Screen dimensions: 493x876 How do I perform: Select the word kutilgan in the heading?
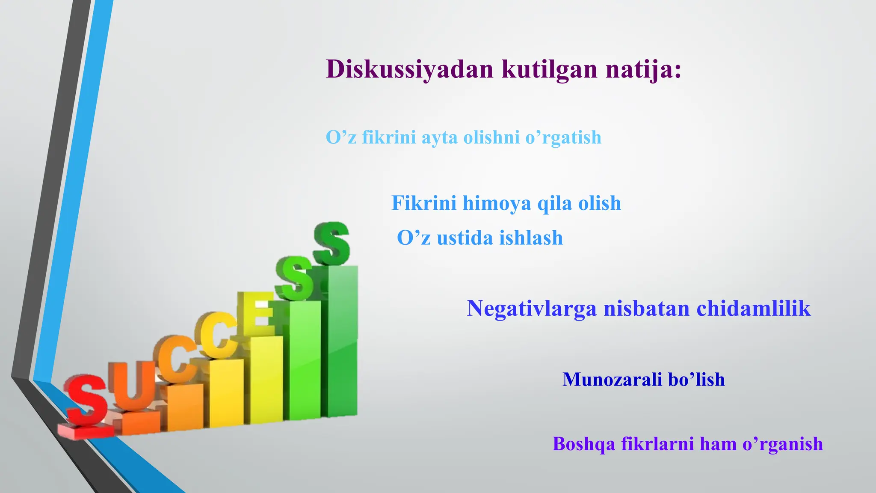click(x=549, y=69)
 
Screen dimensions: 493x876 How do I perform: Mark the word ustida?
click(x=465, y=238)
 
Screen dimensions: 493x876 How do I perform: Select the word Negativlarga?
click(x=531, y=309)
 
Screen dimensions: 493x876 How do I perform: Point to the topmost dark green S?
click(x=331, y=243)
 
